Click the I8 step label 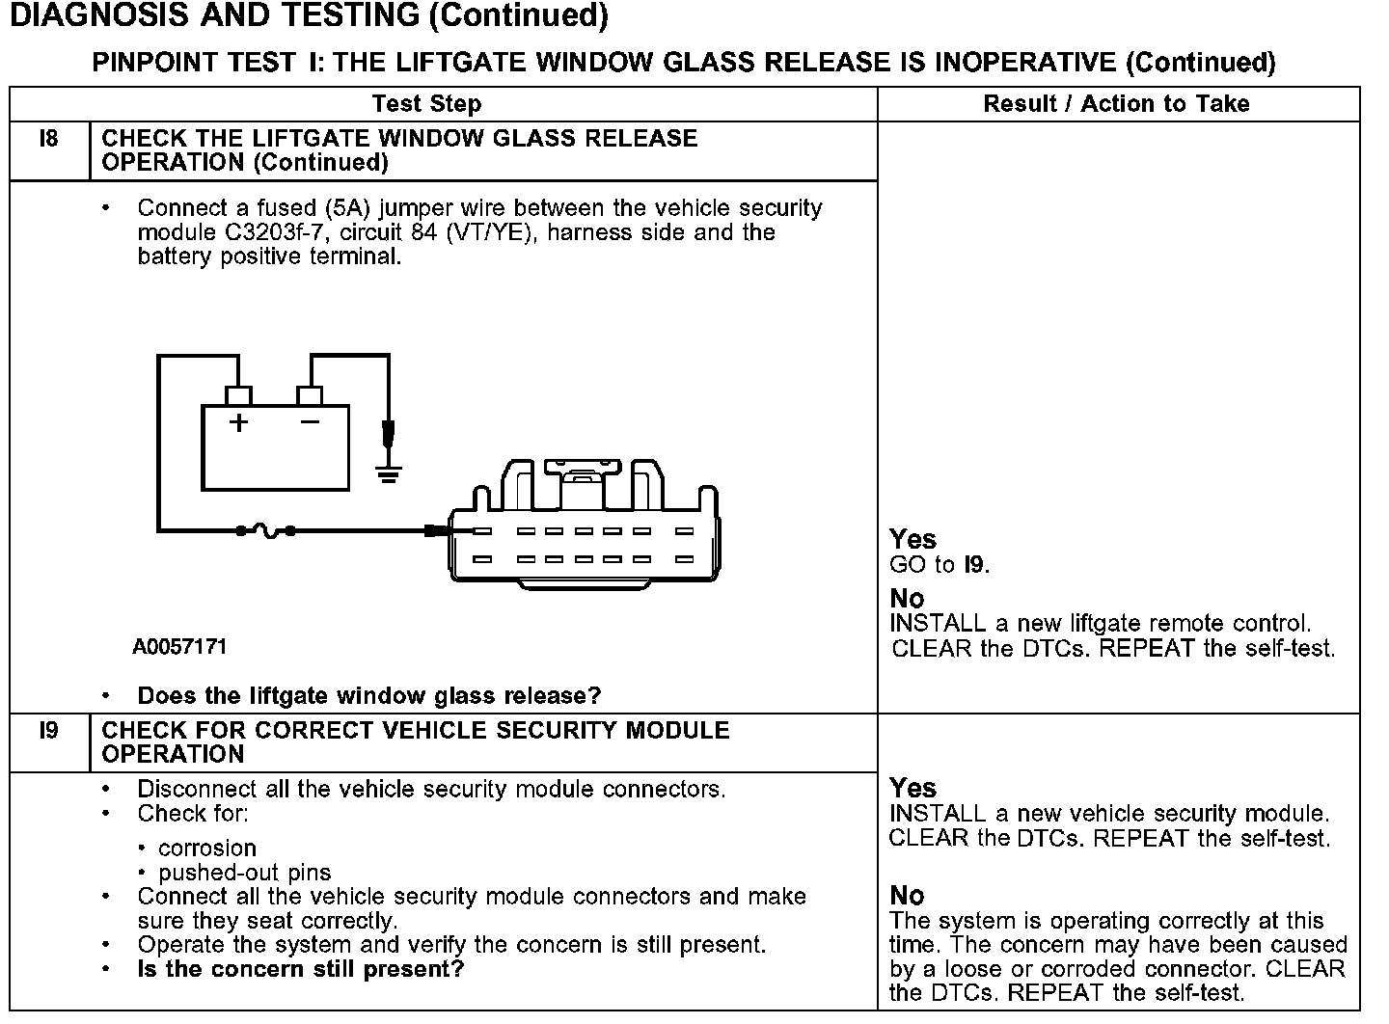tap(48, 139)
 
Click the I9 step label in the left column tap(48, 731)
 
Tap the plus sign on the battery tap(237, 422)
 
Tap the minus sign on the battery tap(310, 421)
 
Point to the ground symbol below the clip tap(388, 473)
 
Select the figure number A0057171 tap(179, 647)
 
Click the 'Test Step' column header tap(426, 104)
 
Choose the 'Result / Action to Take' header tap(1116, 104)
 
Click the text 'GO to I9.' tap(940, 565)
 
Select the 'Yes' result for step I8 tap(912, 539)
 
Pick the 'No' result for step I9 tap(907, 896)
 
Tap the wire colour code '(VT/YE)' tap(490, 232)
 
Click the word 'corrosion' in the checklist tap(207, 849)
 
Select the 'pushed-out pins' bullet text tap(245, 873)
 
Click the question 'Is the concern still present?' tap(300, 969)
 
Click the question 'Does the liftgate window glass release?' tap(369, 695)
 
